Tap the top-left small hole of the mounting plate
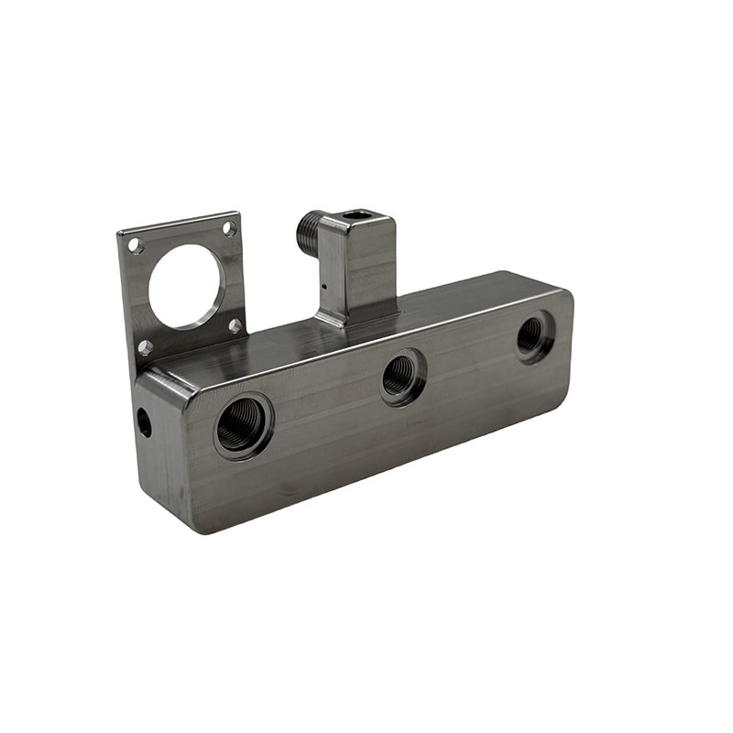tap(135, 246)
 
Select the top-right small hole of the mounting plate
tap(229, 229)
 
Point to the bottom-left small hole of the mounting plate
tap(144, 347)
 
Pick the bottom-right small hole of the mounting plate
tap(235, 324)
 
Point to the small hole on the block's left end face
tap(144, 421)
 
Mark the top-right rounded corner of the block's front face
tap(564, 292)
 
